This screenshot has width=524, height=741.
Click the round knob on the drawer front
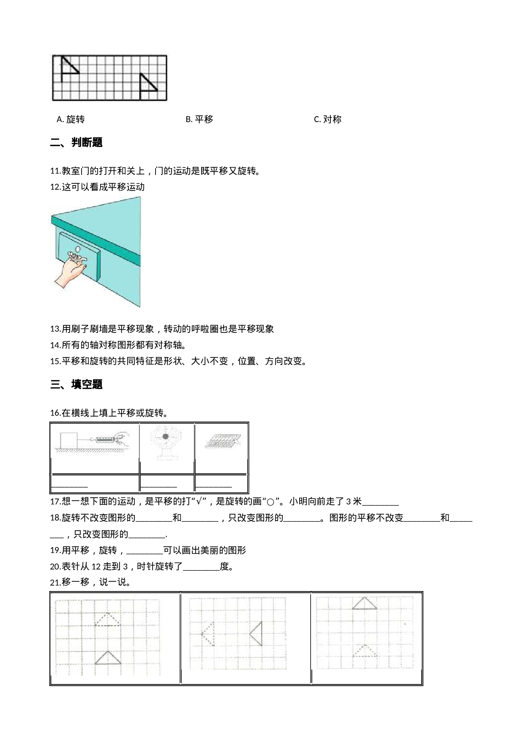[x=77, y=249]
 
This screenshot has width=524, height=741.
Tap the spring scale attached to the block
[x=104, y=440]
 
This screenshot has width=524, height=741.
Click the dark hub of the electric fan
[x=166, y=436]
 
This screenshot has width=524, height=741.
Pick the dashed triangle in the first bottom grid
[x=108, y=620]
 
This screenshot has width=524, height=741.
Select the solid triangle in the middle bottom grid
[x=257, y=634]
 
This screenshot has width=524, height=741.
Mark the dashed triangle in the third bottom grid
[x=365, y=651]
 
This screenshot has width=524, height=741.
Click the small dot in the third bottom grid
[x=405, y=624]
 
